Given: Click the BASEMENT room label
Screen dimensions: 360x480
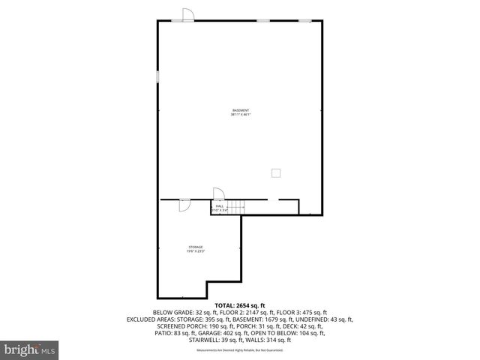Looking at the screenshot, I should click(x=240, y=110).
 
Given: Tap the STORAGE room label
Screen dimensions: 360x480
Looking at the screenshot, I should click(x=196, y=247).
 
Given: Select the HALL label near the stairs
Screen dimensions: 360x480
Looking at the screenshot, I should click(x=220, y=205).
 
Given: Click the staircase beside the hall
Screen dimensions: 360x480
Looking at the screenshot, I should click(x=236, y=208).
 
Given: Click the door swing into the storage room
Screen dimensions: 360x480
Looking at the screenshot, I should click(x=184, y=205).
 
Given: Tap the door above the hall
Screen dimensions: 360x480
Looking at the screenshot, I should click(x=218, y=193).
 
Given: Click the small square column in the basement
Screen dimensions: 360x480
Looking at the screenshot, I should click(x=276, y=172).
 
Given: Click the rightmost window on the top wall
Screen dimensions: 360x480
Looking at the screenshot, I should click(x=305, y=21).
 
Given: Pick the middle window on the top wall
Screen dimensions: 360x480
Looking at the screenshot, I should click(x=263, y=21).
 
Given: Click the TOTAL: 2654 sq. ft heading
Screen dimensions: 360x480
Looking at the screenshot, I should click(x=240, y=306).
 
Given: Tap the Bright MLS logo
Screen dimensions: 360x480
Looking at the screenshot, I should click(x=30, y=349).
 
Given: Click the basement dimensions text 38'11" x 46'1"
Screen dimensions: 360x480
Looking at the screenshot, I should click(x=240, y=115).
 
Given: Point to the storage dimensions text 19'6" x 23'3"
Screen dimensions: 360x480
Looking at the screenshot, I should click(x=196, y=251).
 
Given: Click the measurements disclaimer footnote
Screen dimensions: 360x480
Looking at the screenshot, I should click(x=240, y=350).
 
